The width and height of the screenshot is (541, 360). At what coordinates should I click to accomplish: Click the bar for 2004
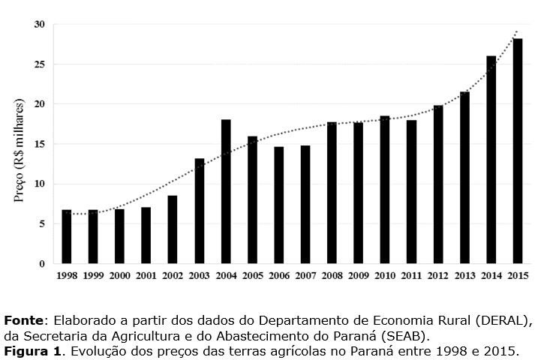[x=226, y=192]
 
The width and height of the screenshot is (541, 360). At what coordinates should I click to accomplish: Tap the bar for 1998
[x=66, y=237]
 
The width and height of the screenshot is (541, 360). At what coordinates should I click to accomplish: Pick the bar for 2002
[x=173, y=229]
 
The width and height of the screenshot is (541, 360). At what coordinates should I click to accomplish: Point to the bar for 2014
[x=491, y=160]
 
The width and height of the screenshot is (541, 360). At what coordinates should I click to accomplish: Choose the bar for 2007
[x=305, y=205]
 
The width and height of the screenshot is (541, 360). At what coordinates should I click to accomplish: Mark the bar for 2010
[x=385, y=190]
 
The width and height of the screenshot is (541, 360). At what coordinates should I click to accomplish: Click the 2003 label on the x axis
[x=199, y=275]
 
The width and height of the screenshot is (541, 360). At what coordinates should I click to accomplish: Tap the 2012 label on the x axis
[x=437, y=275]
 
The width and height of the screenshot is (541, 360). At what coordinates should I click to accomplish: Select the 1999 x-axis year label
[x=93, y=275]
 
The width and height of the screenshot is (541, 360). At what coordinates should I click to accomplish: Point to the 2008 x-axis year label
[x=332, y=275]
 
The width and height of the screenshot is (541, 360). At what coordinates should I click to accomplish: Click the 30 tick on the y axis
[x=39, y=25]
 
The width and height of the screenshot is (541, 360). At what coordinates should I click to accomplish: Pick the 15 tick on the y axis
[x=39, y=144]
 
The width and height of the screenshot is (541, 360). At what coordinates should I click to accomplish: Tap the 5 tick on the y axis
[x=42, y=223]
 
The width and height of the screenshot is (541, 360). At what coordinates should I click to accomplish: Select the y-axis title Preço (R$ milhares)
[x=19, y=150]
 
